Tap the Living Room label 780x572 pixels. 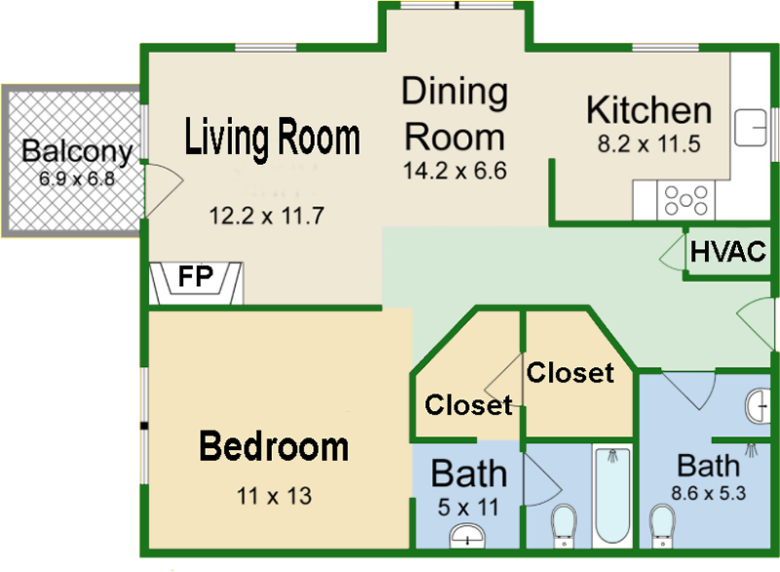(x=273, y=138)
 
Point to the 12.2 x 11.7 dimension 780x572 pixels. (x=266, y=216)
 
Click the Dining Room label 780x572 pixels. (x=454, y=113)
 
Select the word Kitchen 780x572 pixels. (x=648, y=110)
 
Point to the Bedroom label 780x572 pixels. (x=274, y=447)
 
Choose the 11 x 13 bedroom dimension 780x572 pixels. (x=274, y=496)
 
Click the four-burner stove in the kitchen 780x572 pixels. (x=686, y=200)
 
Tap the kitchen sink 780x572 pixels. (x=751, y=128)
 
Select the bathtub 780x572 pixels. (x=612, y=497)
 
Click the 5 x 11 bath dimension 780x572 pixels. (x=470, y=508)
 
